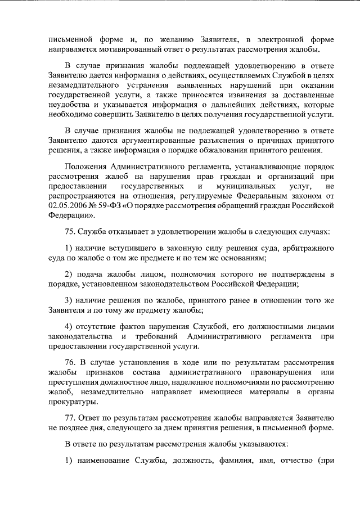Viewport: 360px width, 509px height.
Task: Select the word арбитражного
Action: (308, 248)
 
